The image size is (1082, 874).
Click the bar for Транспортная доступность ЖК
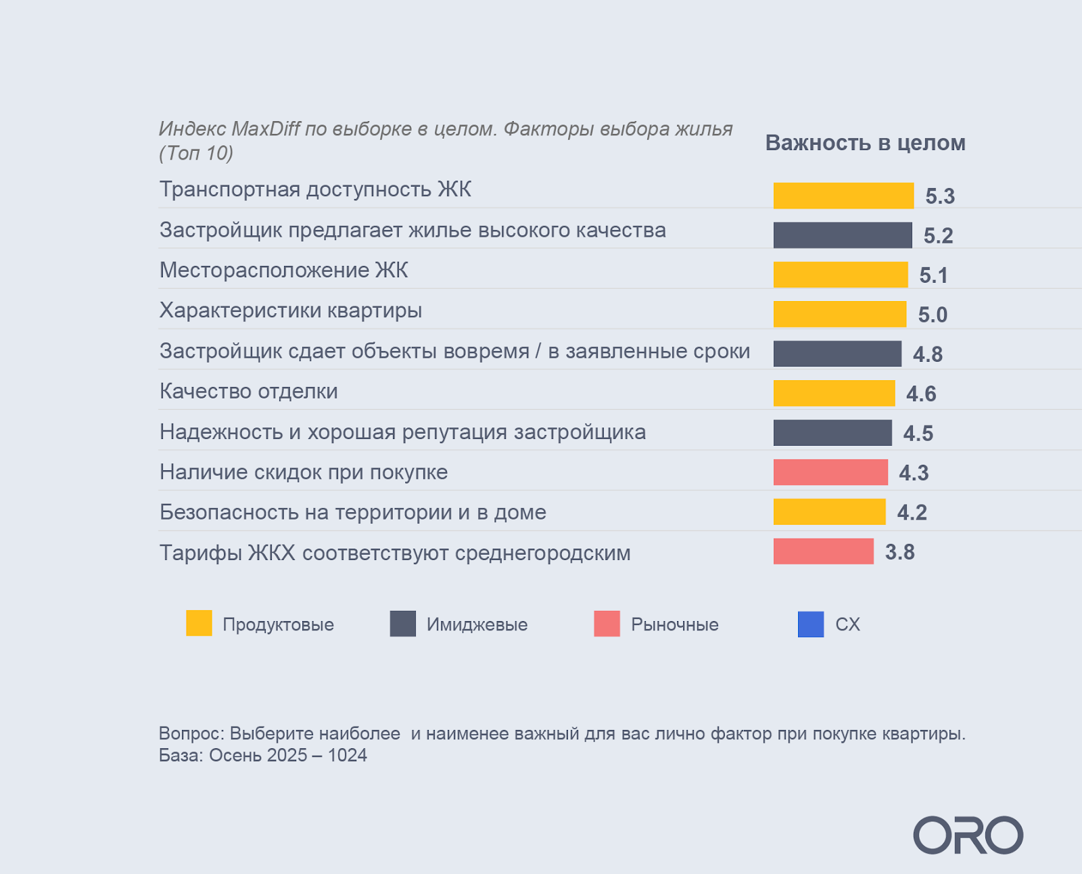pyautogui.click(x=843, y=195)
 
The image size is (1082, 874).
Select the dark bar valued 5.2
pyautogui.click(x=843, y=235)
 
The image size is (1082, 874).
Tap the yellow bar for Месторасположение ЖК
pyautogui.click(x=841, y=275)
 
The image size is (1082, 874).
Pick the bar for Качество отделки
pyautogui.click(x=834, y=393)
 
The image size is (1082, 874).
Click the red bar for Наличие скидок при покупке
pyautogui.click(x=830, y=472)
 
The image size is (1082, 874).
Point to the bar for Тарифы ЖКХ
pyautogui.click(x=823, y=551)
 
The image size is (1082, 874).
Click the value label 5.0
pyautogui.click(x=933, y=315)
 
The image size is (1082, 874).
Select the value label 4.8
pyautogui.click(x=928, y=354)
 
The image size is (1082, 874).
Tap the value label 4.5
pyautogui.click(x=918, y=433)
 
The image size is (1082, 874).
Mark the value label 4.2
pyautogui.click(x=912, y=512)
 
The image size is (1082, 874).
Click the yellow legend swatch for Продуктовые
pyautogui.click(x=199, y=623)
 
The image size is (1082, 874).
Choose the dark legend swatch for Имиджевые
pyautogui.click(x=402, y=623)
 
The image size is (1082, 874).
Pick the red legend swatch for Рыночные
pyautogui.click(x=607, y=623)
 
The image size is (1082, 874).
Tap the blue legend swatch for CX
pyautogui.click(x=810, y=624)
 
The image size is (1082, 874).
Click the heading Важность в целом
pyautogui.click(x=865, y=143)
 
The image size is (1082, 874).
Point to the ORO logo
pyautogui.click(x=968, y=835)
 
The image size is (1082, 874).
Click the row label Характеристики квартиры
pyautogui.click(x=291, y=310)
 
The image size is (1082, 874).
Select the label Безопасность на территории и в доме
pyautogui.click(x=352, y=512)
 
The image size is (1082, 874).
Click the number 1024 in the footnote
pyautogui.click(x=347, y=755)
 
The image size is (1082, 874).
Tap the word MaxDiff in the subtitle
pyautogui.click(x=266, y=129)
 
